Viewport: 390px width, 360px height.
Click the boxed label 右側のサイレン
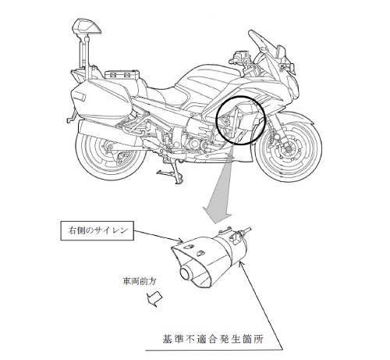pyautogui.click(x=97, y=230)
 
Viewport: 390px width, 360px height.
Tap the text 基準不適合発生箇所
pyautogui.click(x=213, y=339)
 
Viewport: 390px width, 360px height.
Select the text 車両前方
pyautogui.click(x=140, y=281)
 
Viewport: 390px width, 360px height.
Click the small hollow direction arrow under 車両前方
pyautogui.click(x=154, y=298)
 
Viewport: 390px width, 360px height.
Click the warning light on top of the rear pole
pyautogui.click(x=87, y=27)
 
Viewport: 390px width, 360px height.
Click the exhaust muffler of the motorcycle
pyautogui.click(x=109, y=133)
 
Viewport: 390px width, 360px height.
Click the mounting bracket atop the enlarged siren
pyautogui.click(x=236, y=235)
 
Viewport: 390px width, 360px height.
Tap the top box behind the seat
pyautogui.click(x=122, y=74)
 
